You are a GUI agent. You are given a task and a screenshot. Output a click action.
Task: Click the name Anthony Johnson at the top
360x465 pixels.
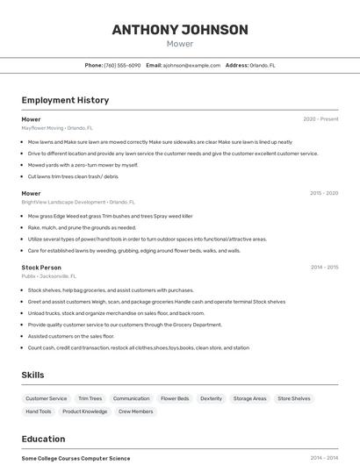coord(180,30)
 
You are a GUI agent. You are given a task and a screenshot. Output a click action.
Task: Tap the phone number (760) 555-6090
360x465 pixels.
coord(122,65)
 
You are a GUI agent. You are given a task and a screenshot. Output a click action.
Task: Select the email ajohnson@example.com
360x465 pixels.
coord(191,65)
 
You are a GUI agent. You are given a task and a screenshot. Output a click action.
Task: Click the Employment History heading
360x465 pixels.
coord(65,100)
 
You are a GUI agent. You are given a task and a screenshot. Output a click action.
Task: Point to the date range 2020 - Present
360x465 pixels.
coord(320,119)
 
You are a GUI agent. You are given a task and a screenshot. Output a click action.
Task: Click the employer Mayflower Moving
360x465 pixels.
coord(42,127)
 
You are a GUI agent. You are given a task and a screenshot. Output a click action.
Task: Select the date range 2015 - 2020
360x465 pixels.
coord(324,193)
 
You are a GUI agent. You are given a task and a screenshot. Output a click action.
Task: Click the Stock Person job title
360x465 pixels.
coord(41,267)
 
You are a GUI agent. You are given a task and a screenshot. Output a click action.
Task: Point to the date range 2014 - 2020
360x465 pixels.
coord(324,267)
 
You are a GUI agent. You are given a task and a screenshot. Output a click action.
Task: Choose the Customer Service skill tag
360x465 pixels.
coord(46,398)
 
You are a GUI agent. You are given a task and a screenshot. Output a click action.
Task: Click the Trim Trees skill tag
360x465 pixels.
coord(90,398)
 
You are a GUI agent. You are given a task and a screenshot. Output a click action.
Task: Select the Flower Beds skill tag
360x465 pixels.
coord(175,398)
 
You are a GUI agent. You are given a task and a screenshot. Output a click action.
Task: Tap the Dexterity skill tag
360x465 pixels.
coord(211,398)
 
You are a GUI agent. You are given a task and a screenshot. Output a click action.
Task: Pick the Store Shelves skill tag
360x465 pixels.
coord(294,398)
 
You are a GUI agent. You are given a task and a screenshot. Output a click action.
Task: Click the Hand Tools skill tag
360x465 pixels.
coord(38,411)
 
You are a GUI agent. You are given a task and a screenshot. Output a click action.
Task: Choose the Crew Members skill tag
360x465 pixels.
coord(135,411)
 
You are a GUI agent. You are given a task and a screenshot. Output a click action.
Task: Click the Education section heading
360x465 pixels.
coord(43,439)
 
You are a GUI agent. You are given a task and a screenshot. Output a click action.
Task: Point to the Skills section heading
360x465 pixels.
coord(32,375)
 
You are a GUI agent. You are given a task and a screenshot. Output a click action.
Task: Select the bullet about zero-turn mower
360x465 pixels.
coord(83,165)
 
